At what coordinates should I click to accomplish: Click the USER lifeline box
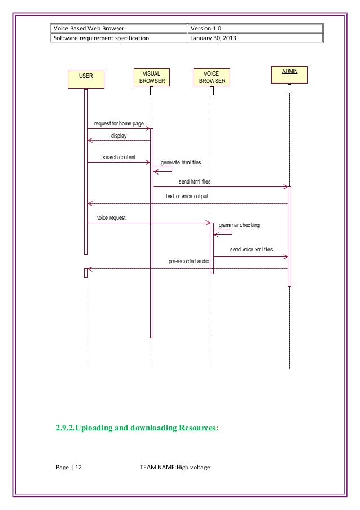(86, 79)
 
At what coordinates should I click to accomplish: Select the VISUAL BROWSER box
(151, 77)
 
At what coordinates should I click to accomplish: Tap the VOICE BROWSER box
(212, 77)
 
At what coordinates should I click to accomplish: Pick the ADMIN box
(289, 75)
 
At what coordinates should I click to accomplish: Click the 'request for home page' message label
(115, 123)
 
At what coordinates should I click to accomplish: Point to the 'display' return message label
(118, 136)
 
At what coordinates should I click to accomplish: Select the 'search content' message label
(118, 156)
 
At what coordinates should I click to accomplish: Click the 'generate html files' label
(181, 162)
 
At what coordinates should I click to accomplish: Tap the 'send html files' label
(195, 181)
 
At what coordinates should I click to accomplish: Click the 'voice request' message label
(111, 217)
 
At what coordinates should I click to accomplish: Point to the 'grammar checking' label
(239, 225)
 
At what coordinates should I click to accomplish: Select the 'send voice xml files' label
(251, 249)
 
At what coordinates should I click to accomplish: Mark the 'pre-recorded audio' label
(190, 261)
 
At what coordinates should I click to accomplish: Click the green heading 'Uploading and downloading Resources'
(137, 428)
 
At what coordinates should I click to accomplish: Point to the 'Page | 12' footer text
(69, 467)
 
